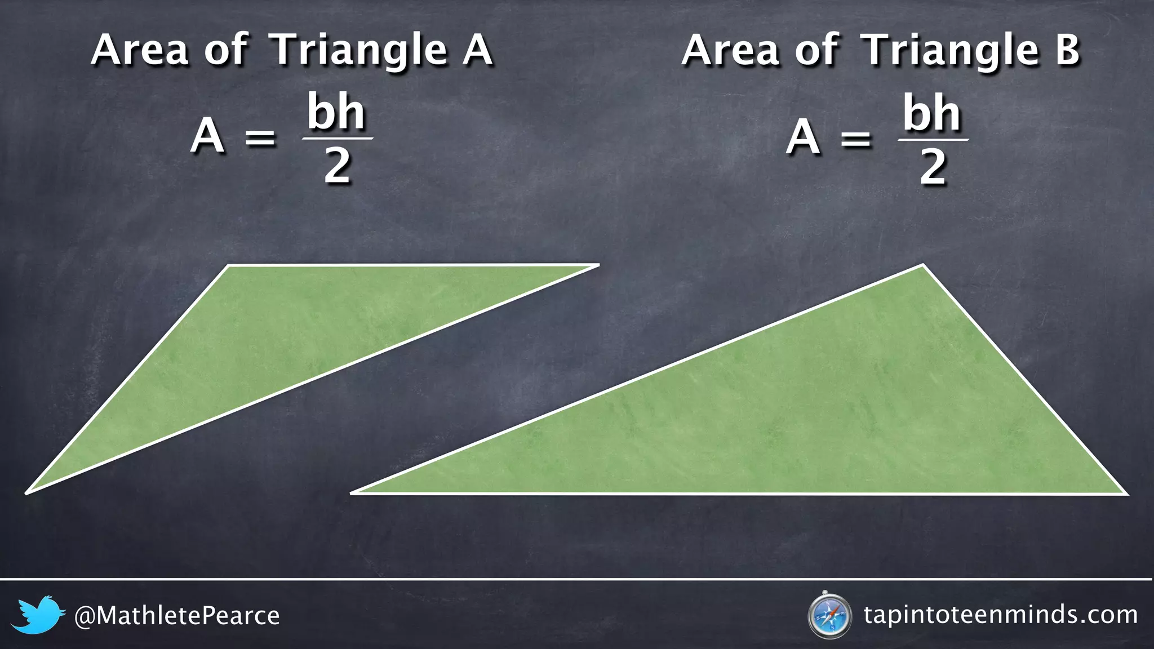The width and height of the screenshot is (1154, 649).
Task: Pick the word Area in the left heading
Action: point(139,51)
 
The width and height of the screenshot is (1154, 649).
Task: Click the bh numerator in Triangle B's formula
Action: point(932,113)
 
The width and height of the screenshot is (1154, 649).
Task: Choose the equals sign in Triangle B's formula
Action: point(855,138)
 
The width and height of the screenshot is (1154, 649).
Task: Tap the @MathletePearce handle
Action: point(177,616)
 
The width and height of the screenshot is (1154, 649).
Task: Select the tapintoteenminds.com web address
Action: point(1001,615)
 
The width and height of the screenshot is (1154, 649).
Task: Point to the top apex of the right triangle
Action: point(922,265)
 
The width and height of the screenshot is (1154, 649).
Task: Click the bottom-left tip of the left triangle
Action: point(27,493)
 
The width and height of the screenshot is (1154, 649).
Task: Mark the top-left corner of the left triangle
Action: point(229,265)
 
